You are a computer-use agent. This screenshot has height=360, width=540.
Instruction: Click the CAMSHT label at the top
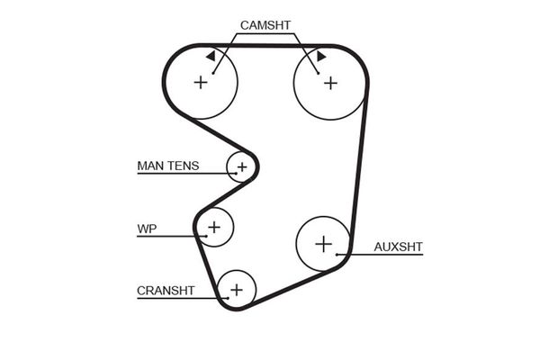(x=265, y=25)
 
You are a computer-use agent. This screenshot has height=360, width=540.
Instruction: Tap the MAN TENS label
(x=167, y=166)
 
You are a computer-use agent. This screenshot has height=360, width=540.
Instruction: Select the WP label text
(x=147, y=229)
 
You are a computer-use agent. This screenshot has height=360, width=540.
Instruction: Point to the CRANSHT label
(x=166, y=291)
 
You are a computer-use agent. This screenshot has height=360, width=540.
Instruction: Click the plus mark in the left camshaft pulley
(x=201, y=82)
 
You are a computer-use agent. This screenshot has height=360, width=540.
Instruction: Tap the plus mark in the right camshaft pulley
(x=330, y=82)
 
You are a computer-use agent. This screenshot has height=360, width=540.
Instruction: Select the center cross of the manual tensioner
(x=241, y=166)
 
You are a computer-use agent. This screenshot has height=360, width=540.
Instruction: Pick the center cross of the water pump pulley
(x=214, y=226)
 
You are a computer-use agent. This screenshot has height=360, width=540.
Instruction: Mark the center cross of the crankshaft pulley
(x=236, y=290)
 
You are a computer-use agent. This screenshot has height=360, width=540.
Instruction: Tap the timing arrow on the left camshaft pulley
(x=211, y=56)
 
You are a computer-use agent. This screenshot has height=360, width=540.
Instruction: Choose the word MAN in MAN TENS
(x=149, y=166)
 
